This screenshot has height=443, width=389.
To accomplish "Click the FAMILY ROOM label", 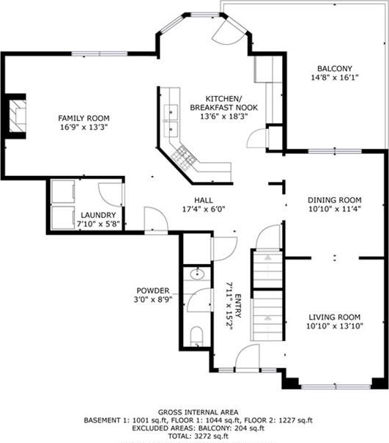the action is click(x=84, y=118).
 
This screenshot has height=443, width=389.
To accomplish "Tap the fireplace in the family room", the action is click(x=18, y=116).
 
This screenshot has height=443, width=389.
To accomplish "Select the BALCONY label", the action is click(x=335, y=68).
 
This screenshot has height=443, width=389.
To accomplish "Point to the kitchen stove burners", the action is click(x=184, y=158).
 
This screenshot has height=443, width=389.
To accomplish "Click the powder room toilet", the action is click(x=196, y=336).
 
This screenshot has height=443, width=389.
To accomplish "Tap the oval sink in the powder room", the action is click(x=197, y=274).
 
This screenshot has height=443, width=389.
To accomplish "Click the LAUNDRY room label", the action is click(x=98, y=216).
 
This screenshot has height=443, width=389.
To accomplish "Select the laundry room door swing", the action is click(x=111, y=194).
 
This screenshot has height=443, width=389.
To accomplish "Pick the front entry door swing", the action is click(x=248, y=356).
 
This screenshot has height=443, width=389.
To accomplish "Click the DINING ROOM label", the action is click(x=335, y=200).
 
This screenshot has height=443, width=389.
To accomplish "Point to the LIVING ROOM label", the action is click(x=335, y=318).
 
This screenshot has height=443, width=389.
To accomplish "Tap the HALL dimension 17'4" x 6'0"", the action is click(x=204, y=209).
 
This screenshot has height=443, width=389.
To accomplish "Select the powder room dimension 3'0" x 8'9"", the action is click(x=152, y=299).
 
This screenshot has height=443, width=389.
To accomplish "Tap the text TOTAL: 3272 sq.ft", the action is click(x=199, y=436).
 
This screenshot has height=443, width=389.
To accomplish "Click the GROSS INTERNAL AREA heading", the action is click(x=198, y=412).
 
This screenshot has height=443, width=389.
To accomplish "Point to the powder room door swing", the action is click(x=199, y=300).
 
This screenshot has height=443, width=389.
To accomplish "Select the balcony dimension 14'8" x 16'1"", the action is click(x=335, y=78).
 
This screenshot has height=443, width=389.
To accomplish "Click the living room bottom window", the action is click(x=336, y=387).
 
